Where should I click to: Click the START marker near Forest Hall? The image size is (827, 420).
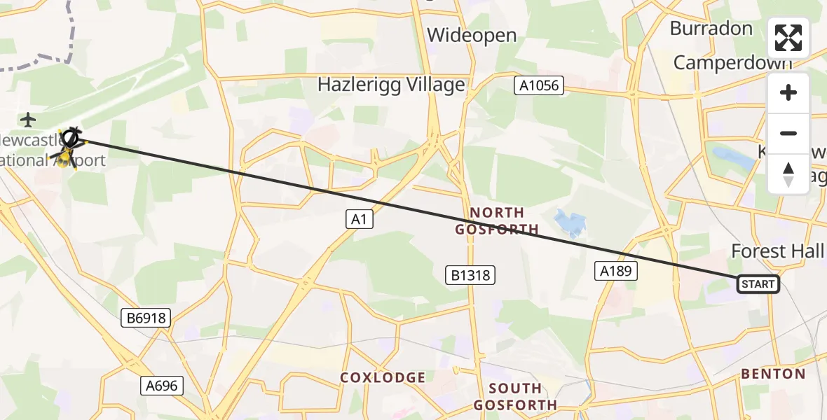tap(758, 283)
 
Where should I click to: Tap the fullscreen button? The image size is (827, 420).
tap(788, 38)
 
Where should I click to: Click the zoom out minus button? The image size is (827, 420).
tap(788, 133)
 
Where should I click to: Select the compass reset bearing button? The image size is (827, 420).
tap(788, 174)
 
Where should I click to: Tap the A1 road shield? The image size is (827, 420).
tap(359, 219)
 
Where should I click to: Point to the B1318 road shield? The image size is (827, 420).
tap(470, 275)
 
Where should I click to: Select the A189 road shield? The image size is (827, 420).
tap(616, 270)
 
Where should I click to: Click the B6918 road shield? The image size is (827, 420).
tap(146, 318)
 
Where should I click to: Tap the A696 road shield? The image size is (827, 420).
tap(163, 385)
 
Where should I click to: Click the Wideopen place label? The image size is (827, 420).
tap(472, 35)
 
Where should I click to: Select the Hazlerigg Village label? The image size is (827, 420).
tap(391, 85)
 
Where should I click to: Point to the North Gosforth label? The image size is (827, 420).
tap(497, 220)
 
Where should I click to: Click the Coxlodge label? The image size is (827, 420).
tap(383, 377)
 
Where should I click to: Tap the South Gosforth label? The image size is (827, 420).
tap(514, 396)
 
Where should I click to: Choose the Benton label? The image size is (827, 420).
tap(773, 373)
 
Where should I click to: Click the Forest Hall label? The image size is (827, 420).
tap(778, 251)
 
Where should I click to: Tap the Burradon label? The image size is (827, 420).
tap(711, 29)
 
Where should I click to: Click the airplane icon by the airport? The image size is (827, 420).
tap(28, 120)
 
